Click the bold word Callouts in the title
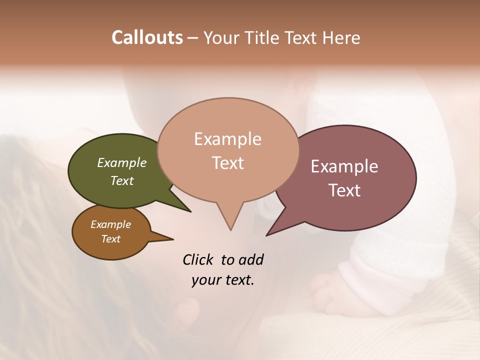[147, 37]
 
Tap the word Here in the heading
[342, 37]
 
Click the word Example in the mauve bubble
[344, 166]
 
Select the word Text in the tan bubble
[228, 163]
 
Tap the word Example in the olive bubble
[122, 162]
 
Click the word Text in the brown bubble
[111, 239]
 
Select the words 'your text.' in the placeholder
[223, 280]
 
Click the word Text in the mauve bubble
[344, 190]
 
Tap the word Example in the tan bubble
[228, 139]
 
